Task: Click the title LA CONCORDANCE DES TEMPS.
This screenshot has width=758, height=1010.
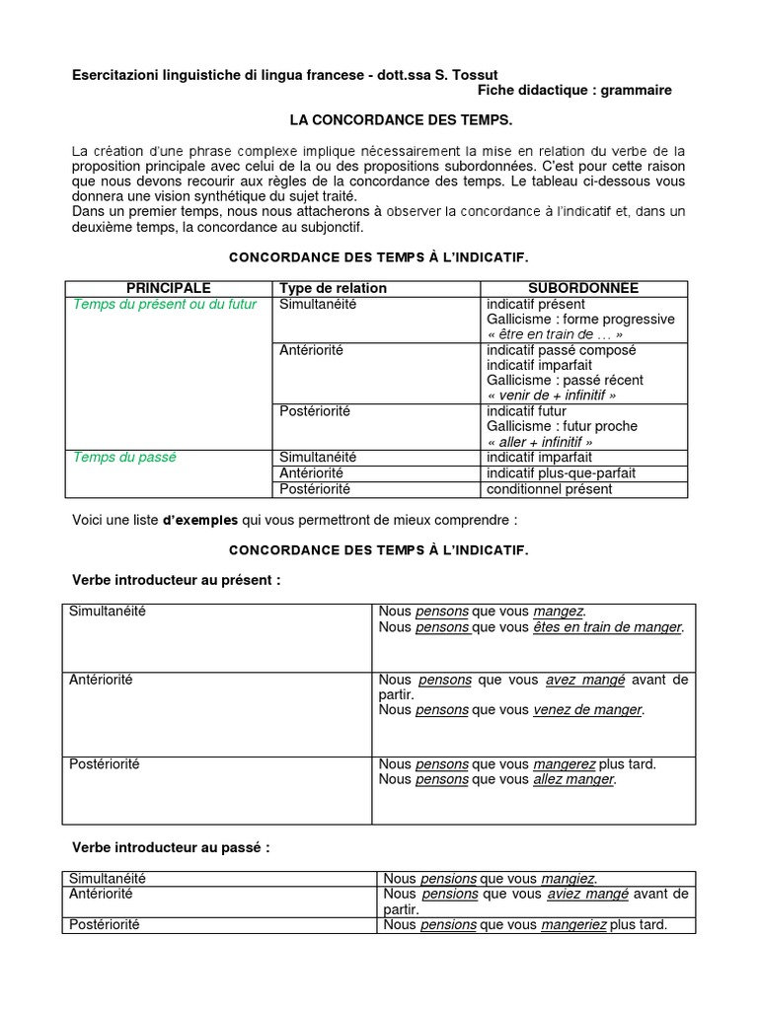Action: [400, 119]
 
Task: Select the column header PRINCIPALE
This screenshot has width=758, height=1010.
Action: [168, 288]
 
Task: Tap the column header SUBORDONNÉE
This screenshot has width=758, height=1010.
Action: [583, 288]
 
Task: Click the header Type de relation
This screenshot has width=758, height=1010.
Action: [334, 288]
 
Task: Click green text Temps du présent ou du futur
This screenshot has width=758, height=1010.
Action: [165, 304]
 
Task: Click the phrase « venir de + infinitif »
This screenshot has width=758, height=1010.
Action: [551, 396]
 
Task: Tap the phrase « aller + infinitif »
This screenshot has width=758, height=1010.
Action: [539, 443]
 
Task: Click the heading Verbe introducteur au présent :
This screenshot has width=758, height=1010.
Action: [177, 580]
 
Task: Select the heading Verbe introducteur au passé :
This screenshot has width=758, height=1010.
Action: [171, 847]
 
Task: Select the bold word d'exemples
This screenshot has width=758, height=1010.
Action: [202, 519]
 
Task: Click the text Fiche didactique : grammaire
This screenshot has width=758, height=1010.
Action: [574, 91]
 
